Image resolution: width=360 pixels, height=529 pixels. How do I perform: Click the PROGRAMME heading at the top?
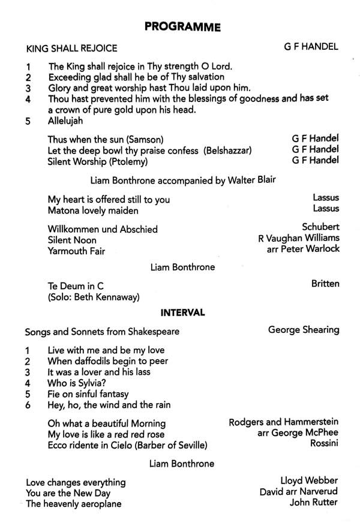click(x=182, y=26)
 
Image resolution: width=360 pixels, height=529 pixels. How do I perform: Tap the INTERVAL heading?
click(x=182, y=312)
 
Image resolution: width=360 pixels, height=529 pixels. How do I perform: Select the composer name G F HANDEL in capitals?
click(x=311, y=47)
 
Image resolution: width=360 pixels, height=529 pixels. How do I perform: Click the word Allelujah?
click(x=69, y=121)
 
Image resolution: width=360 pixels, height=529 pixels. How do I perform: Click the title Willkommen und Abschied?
click(x=102, y=229)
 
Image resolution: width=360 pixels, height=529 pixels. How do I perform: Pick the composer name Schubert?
click(x=321, y=227)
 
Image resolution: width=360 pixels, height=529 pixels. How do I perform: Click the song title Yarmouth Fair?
click(x=76, y=251)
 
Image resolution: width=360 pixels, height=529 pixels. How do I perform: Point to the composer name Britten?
click(x=325, y=283)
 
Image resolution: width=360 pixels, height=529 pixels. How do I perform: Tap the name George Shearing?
click(x=303, y=329)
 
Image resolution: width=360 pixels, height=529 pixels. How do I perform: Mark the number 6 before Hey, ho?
click(x=28, y=405)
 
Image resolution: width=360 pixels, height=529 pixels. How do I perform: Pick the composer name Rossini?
click(x=324, y=444)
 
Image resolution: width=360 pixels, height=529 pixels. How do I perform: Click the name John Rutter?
click(x=314, y=502)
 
